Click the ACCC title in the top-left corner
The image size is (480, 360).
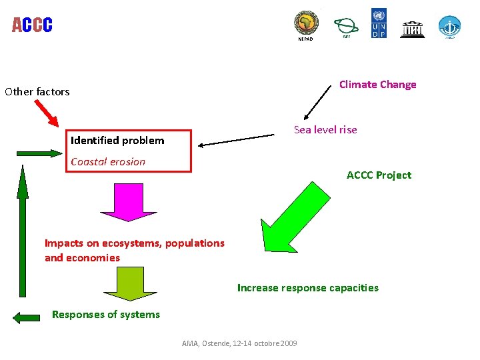[32, 25]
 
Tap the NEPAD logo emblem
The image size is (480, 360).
[307, 24]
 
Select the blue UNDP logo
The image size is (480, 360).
[378, 23]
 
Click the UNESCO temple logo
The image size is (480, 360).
[412, 29]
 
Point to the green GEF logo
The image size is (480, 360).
[346, 26]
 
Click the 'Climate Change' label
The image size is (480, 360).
[377, 85]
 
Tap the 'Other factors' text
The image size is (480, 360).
[37, 92]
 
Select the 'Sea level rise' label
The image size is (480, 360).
[325, 130]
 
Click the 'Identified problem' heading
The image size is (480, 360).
[117, 141]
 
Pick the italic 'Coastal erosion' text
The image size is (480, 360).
[108, 161]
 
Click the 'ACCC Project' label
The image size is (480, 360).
[379, 175]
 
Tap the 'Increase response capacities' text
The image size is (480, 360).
[307, 288]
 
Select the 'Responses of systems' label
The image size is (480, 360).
[106, 315]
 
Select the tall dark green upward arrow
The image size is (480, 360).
[23, 230]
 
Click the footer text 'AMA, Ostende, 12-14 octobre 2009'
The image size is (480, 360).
[240, 343]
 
